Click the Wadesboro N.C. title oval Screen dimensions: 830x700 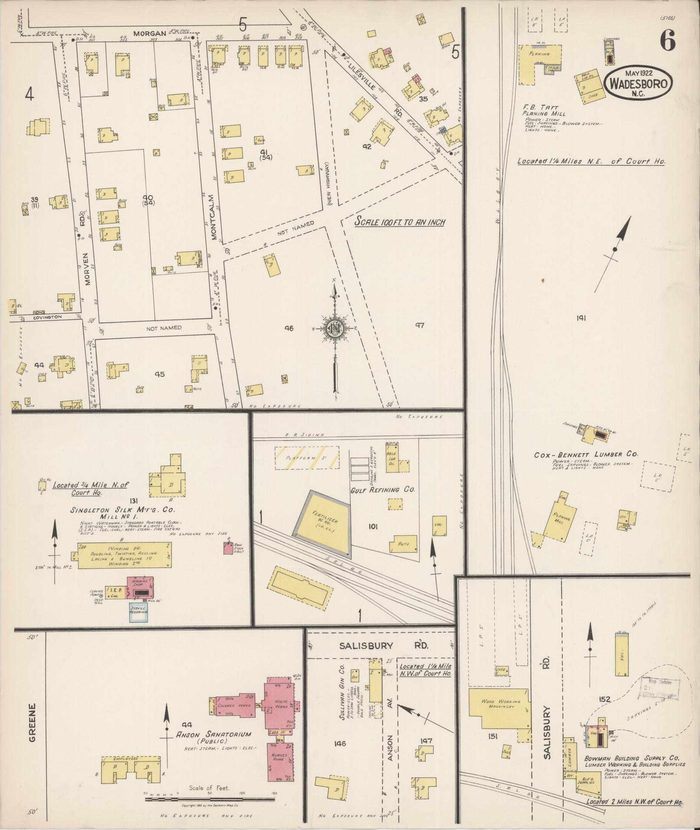(638, 81)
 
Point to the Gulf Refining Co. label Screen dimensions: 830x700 (382, 489)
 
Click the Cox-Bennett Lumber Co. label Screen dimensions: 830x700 (585, 455)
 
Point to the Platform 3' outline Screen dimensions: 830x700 (307, 458)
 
